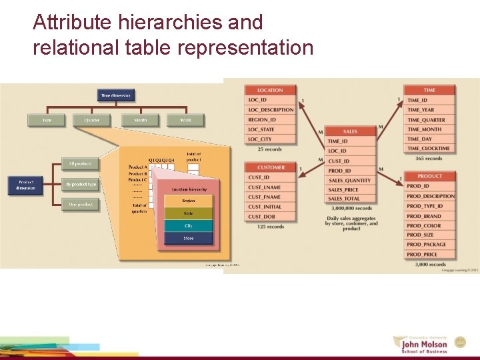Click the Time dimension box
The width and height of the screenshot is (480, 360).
[116, 95]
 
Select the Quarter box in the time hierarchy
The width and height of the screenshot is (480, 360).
[93, 120]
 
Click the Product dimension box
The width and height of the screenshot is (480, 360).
[26, 185]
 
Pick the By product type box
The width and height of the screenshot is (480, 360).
[81, 184]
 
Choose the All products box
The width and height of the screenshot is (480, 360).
[81, 163]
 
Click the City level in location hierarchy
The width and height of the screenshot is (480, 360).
[189, 226]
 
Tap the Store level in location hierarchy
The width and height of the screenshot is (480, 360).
[189, 238]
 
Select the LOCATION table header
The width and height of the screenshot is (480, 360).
[269, 90]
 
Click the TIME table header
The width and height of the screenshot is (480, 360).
[430, 90]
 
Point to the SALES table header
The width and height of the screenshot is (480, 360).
[350, 131]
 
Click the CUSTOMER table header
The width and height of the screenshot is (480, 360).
[270, 167]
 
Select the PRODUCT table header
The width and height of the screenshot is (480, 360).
[430, 176]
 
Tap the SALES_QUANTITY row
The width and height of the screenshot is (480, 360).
[350, 180]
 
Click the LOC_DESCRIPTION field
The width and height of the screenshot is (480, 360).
[270, 110]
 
